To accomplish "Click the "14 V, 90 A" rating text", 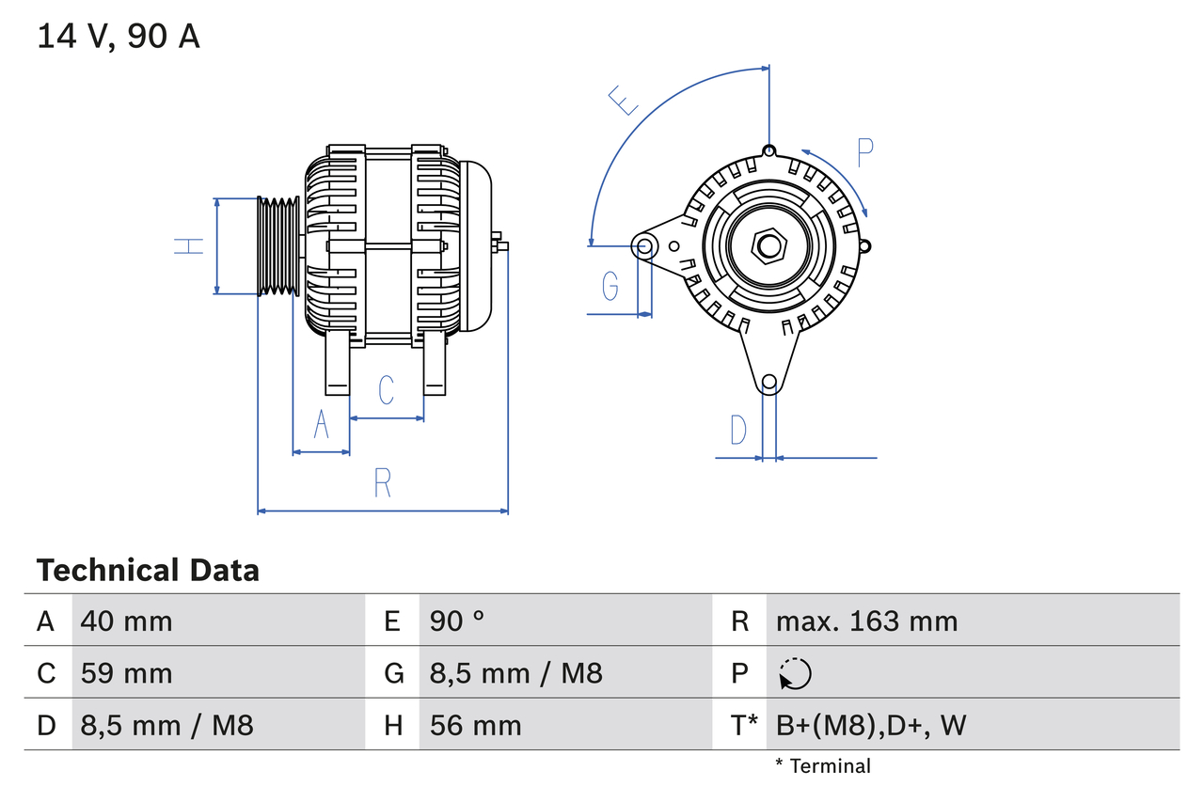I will point(119,37).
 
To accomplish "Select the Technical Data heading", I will point(148,570).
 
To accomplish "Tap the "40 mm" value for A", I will point(127,621).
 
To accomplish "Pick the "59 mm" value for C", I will point(127,673).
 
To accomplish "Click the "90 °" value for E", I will point(457,621).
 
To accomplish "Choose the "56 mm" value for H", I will point(475,725).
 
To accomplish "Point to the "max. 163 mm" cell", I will point(866,621).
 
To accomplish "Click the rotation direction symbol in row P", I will point(795,673).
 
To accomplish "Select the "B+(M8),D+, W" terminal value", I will point(871,725).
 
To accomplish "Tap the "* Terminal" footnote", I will point(823,766).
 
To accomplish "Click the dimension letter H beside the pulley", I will point(189,246).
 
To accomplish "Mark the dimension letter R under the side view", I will point(382,482).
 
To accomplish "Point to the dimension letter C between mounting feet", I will point(386,390).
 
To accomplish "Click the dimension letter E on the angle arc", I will point(624,99).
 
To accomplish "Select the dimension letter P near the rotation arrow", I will point(865,151).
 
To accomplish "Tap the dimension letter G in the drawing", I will point(610,285).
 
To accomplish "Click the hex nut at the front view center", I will point(769,247).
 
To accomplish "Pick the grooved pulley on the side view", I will point(278,246).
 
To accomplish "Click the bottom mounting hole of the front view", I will point(769,382).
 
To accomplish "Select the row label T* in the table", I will point(745,725).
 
